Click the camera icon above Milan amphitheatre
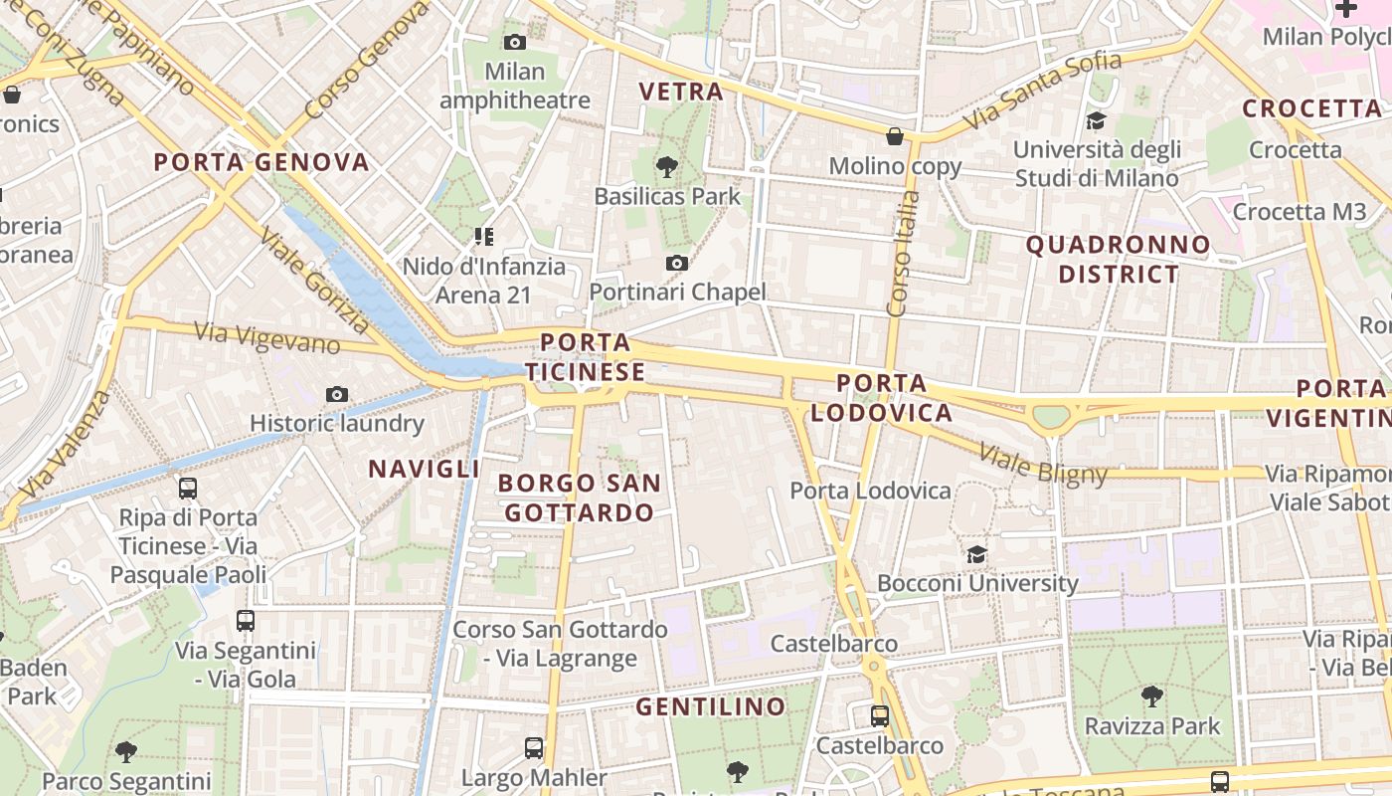pos(514,42)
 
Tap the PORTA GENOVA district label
pos(261,162)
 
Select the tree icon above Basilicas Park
pos(667,166)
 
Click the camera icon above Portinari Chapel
pos(677,263)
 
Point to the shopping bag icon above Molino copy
pos(895,136)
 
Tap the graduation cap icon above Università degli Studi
pos(1096,120)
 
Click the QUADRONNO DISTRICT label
pos(1119,259)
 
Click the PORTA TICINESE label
pos(586,357)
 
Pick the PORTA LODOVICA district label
pos(881,397)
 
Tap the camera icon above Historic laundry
pos(337,394)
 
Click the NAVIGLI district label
pos(425,469)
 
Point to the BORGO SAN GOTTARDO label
pos(579,497)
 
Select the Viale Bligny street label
pos(1043,465)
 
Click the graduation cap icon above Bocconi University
pos(977,554)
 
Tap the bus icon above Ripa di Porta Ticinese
pos(188,489)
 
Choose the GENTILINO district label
pos(711,707)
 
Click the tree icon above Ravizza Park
pos(1152,696)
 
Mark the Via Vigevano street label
pos(267,337)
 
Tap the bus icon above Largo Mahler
pos(534,747)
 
